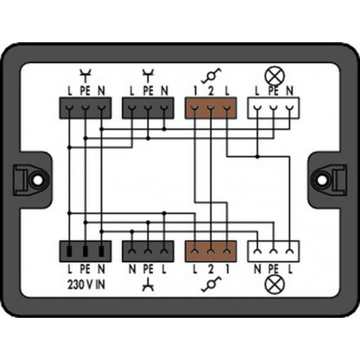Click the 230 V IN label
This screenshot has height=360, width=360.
(x=86, y=285)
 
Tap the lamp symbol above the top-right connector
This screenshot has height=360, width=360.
(x=275, y=76)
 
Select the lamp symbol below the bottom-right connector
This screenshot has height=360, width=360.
(x=275, y=284)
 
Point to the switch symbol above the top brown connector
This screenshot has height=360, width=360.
(x=211, y=76)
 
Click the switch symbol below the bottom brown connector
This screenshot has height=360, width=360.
(x=211, y=284)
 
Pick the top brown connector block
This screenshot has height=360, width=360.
(x=211, y=108)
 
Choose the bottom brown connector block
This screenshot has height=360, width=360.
(x=211, y=252)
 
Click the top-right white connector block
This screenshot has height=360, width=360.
(x=273, y=108)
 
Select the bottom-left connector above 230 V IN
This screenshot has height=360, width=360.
(x=85, y=252)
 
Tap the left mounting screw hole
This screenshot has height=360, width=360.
(x=37, y=180)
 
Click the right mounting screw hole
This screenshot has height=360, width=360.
(x=323, y=180)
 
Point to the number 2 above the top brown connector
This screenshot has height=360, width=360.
(x=211, y=91)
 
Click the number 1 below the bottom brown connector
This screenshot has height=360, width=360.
(x=227, y=269)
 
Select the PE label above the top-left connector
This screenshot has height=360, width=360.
(x=85, y=91)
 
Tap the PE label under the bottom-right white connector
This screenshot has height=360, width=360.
(x=273, y=269)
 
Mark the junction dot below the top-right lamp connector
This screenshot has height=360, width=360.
(x=257, y=157)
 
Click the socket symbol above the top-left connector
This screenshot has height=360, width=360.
(x=85, y=76)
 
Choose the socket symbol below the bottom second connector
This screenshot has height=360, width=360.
(x=148, y=286)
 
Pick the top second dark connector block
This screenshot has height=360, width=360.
(x=148, y=108)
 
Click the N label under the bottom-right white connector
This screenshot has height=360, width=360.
(x=257, y=269)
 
